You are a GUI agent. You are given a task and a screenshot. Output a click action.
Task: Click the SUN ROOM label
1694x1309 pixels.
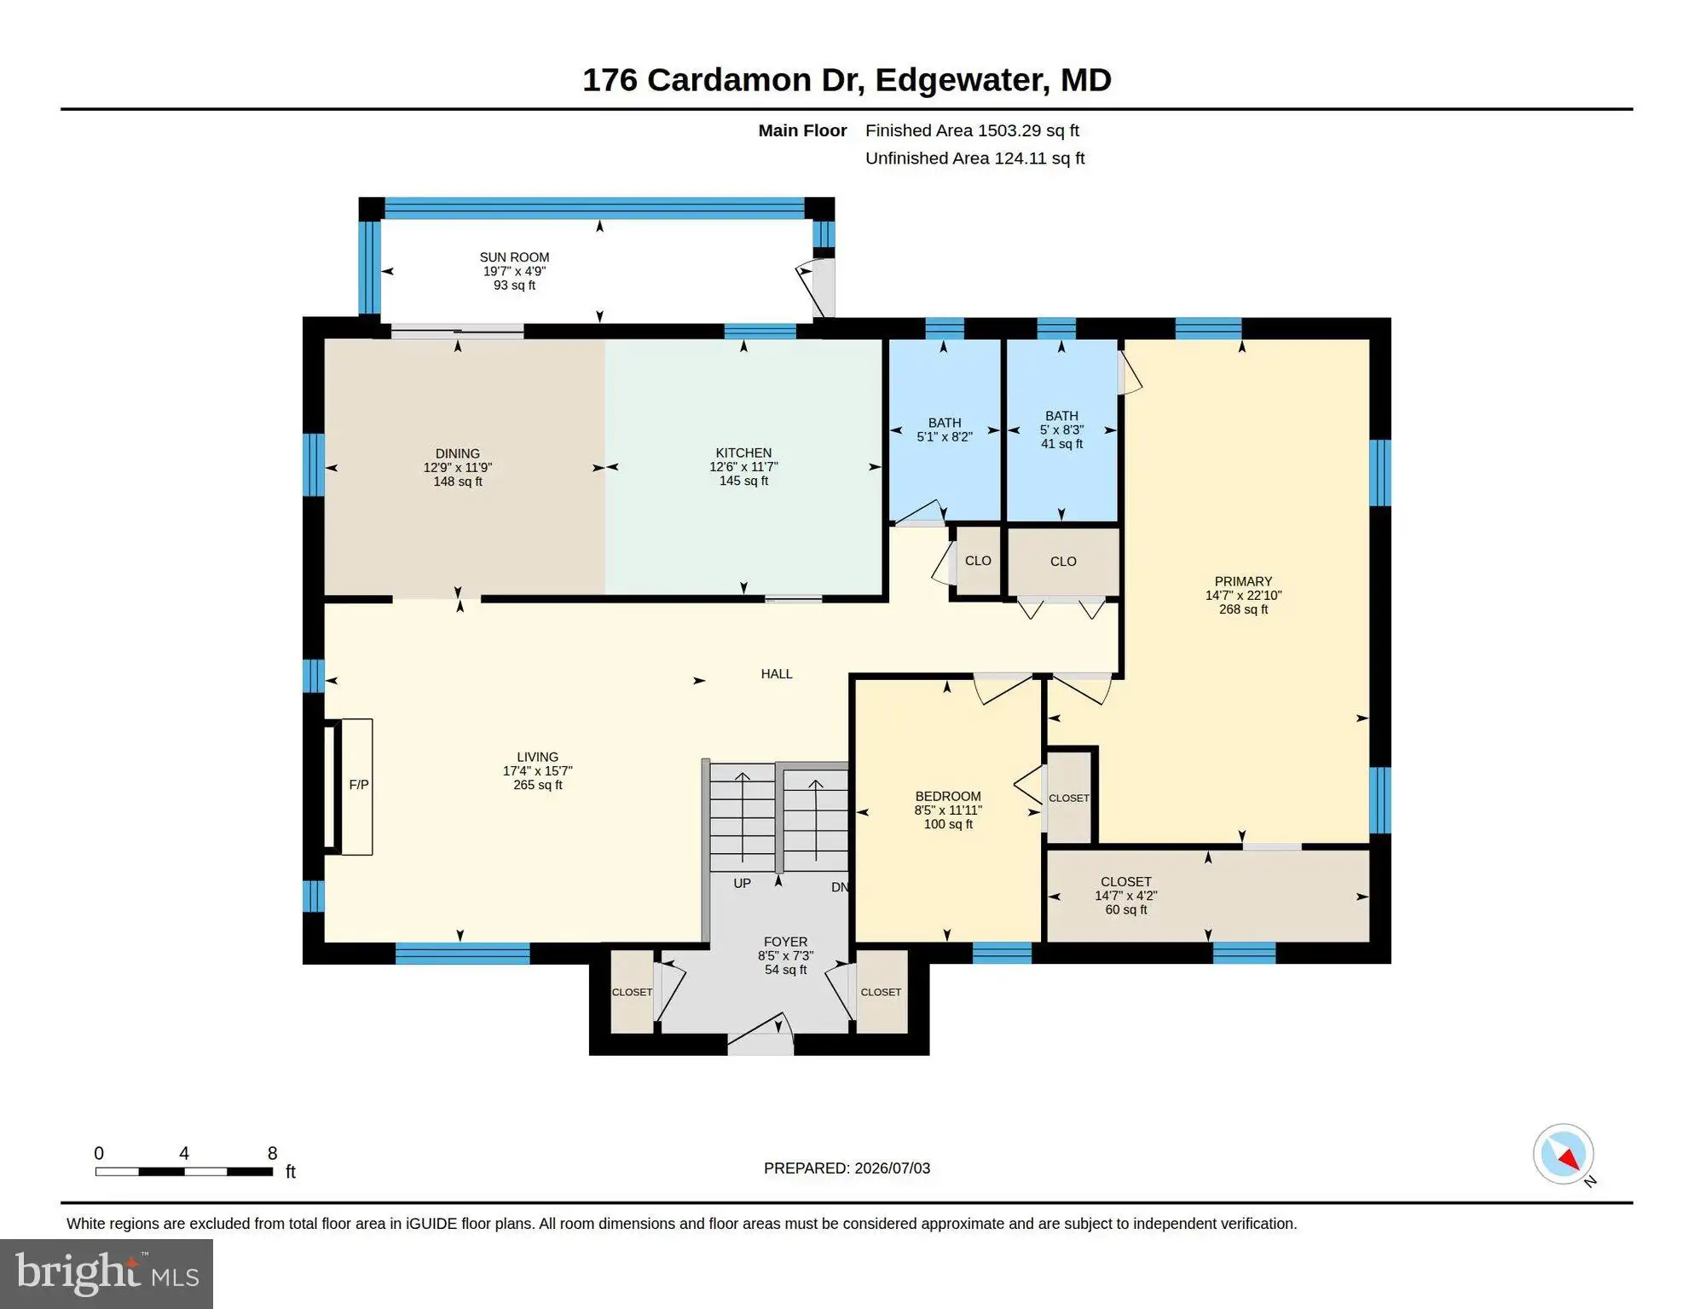point(514,257)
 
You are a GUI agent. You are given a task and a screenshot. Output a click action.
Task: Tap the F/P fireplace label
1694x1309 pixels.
point(359,785)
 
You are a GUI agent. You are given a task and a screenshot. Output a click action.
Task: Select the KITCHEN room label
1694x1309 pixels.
point(743,453)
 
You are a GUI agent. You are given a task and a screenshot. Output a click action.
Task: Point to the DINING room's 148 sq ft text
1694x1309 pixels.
point(458,482)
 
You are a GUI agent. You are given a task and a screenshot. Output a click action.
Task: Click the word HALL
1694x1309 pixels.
point(777,674)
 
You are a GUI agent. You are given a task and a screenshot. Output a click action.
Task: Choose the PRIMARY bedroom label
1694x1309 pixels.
point(1243,582)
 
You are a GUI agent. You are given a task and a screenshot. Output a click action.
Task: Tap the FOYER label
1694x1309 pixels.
point(785,943)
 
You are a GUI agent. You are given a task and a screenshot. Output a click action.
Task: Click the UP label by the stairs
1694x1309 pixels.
point(742,884)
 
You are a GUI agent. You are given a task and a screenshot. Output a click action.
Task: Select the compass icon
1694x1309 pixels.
point(1564,1154)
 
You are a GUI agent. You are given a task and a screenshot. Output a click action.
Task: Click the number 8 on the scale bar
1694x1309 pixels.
point(272,1153)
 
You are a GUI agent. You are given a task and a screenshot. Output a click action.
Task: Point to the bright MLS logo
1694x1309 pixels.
point(107,1273)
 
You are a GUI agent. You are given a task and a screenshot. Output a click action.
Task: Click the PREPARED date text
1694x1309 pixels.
point(847,1168)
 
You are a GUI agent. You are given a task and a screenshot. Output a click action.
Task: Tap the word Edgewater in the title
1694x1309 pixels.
point(961,80)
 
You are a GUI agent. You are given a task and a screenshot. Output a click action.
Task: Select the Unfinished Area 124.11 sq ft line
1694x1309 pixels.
point(974,159)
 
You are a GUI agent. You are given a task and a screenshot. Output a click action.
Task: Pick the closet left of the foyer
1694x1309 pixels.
point(632,992)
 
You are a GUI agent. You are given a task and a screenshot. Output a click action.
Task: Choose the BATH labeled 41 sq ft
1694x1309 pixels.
point(1061,430)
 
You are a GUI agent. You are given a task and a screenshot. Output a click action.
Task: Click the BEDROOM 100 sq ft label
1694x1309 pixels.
point(948,810)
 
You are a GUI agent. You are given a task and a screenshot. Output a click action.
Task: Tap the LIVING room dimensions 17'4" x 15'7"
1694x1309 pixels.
point(537,771)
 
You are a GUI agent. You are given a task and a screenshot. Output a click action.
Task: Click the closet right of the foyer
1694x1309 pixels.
point(881,992)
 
